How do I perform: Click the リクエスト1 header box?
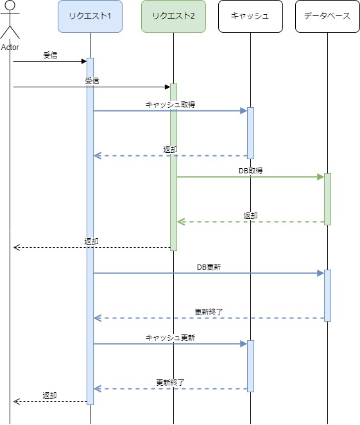(x=90, y=16)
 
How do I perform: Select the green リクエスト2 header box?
(x=173, y=16)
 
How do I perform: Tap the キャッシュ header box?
(x=250, y=16)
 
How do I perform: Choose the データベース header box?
(x=327, y=16)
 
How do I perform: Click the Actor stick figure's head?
(x=10, y=5)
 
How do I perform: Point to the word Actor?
(x=10, y=48)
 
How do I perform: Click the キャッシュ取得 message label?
(x=171, y=105)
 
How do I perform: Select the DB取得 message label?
(x=250, y=171)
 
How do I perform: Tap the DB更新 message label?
(x=209, y=267)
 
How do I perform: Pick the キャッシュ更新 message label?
(x=171, y=338)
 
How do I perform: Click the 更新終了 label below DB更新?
(x=209, y=312)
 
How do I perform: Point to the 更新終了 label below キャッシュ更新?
(x=171, y=383)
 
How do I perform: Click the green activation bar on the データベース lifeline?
(x=327, y=199)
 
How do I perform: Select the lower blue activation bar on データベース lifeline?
(x=327, y=295)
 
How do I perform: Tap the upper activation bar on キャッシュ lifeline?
(x=250, y=133)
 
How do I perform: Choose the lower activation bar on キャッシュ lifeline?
(x=250, y=366)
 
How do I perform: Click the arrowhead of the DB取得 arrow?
(x=321, y=177)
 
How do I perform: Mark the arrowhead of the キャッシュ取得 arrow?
(x=244, y=111)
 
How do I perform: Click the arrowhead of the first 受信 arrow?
(x=84, y=61)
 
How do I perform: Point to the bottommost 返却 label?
(x=50, y=395)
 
